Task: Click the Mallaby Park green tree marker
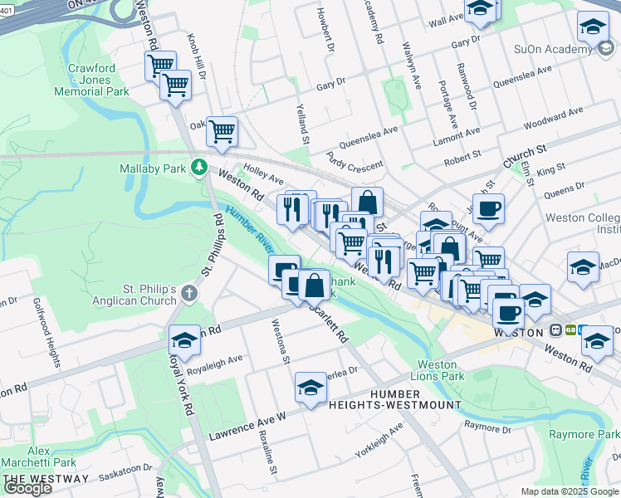(x=198, y=168)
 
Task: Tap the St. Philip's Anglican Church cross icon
(x=189, y=292)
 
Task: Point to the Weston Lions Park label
(x=437, y=370)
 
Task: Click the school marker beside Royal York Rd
(x=184, y=339)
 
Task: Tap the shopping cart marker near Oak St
(x=222, y=131)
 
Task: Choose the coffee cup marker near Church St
(x=489, y=209)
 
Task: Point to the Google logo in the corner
(x=27, y=488)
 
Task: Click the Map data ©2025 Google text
(x=570, y=491)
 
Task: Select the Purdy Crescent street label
(x=355, y=160)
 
